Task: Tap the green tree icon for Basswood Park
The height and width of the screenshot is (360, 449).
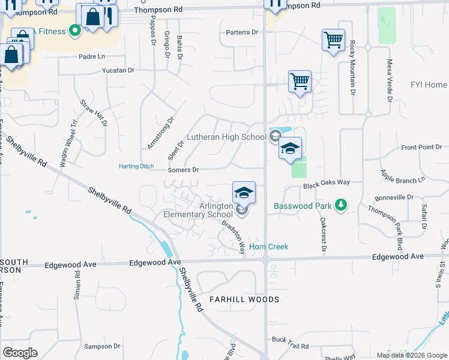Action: (341, 205)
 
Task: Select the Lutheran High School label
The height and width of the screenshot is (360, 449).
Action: (226, 137)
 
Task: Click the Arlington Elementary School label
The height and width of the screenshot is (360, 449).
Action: (198, 210)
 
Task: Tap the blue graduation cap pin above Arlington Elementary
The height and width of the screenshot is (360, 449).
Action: (244, 193)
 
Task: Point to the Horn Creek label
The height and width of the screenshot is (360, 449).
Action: (268, 247)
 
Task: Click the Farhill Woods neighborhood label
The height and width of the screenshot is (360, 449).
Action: (244, 299)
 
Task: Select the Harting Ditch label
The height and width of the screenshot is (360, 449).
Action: (136, 166)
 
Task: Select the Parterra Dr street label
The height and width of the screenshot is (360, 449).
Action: (242, 32)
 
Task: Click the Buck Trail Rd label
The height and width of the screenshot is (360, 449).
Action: (290, 346)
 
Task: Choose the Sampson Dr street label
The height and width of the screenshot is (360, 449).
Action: (103, 346)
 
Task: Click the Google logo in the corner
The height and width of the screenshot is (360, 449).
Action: (20, 352)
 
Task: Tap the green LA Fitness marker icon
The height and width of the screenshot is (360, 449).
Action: (75, 29)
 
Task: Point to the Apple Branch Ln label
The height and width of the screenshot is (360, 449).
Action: (402, 175)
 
